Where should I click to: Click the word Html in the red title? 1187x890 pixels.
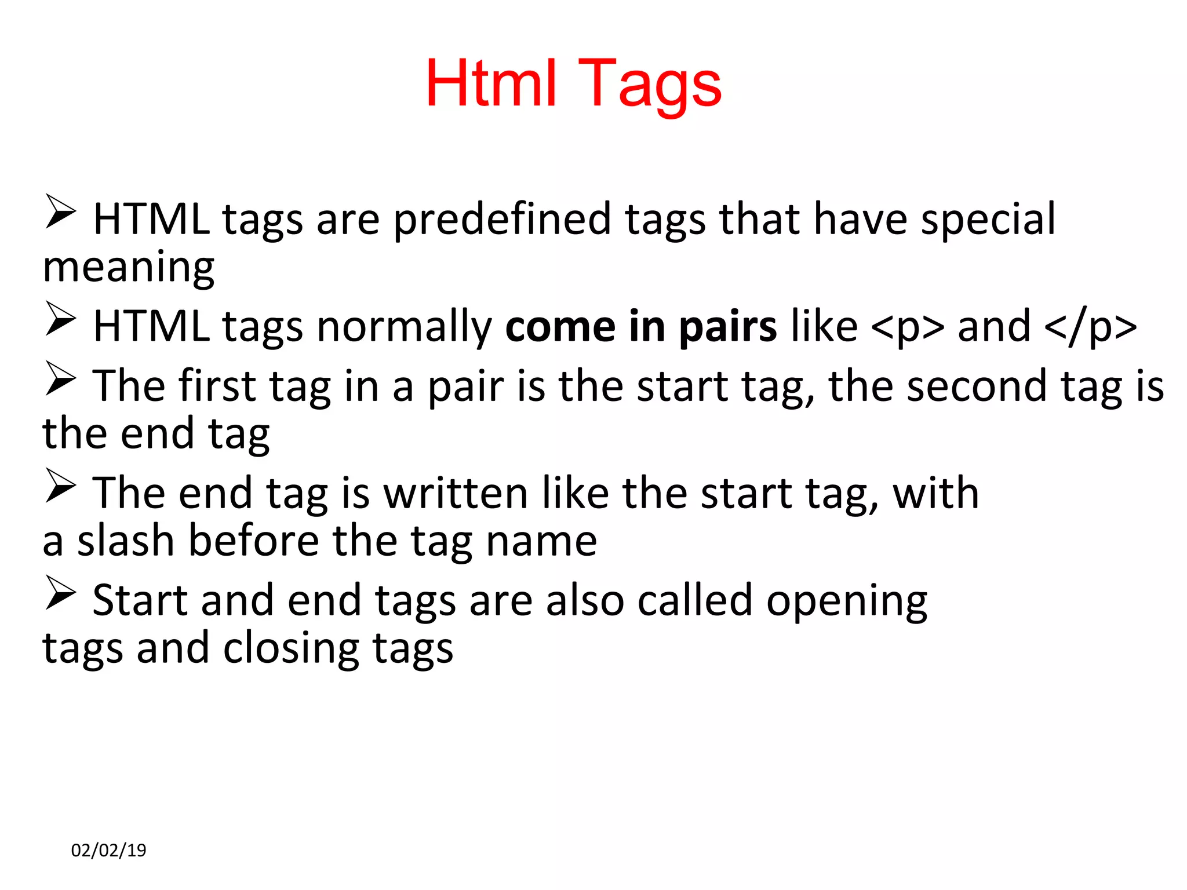491,84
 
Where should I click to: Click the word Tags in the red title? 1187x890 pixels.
650,86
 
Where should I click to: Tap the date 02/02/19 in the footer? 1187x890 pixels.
108,850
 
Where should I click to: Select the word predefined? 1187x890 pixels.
502,220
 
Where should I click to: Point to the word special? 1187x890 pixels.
988,220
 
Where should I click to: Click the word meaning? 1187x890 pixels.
129,268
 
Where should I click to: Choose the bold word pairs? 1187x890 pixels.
727,327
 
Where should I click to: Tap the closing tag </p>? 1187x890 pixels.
1090,327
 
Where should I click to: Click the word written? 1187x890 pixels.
456,494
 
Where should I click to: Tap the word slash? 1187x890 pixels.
126,541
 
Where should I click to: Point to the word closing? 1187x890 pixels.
290,648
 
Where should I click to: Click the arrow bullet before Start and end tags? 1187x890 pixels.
60,593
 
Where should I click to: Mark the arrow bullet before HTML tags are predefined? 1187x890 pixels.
60,212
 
